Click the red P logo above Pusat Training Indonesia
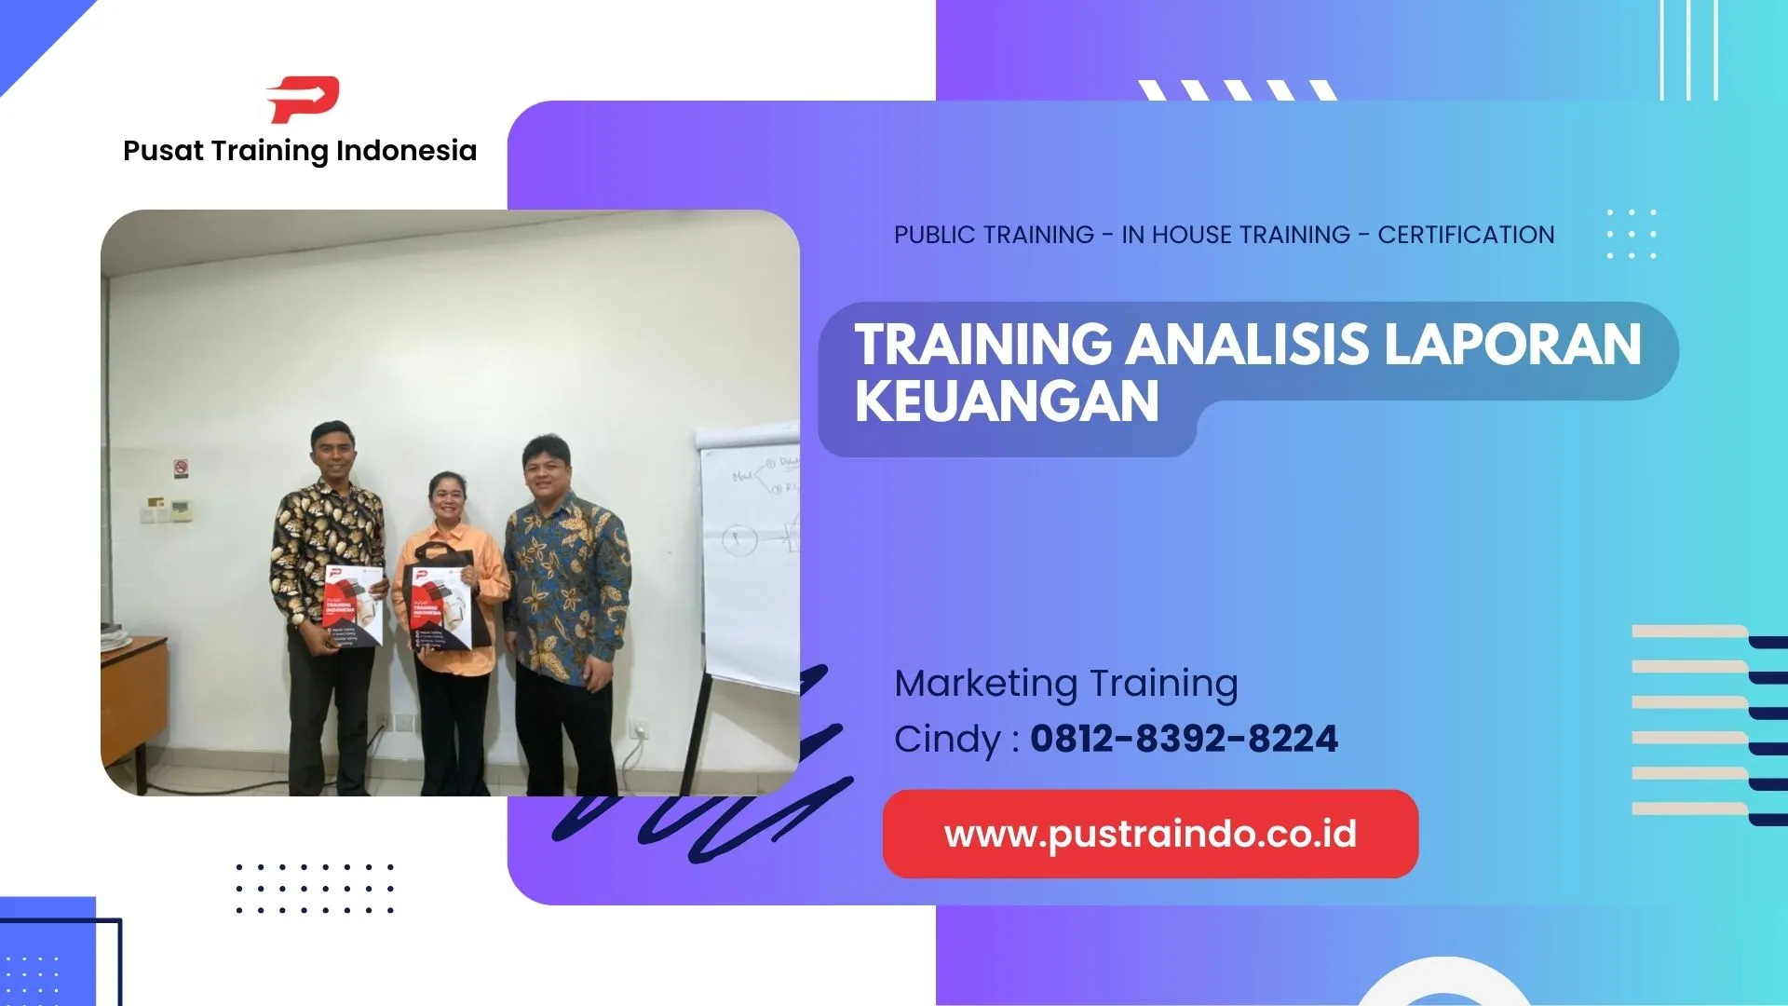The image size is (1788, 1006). (x=303, y=100)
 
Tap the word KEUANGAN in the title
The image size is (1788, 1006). (x=1007, y=401)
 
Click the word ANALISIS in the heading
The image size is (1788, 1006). (x=1248, y=344)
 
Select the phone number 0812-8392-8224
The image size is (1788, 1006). (x=1184, y=739)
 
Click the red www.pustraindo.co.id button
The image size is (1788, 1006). (x=1150, y=834)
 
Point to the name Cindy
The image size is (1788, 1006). (x=947, y=740)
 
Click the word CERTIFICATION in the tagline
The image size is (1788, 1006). (x=1466, y=235)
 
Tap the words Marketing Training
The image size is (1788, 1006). (x=1065, y=683)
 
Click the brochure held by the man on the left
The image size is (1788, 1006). (x=353, y=605)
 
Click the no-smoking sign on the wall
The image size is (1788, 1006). (x=181, y=467)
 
